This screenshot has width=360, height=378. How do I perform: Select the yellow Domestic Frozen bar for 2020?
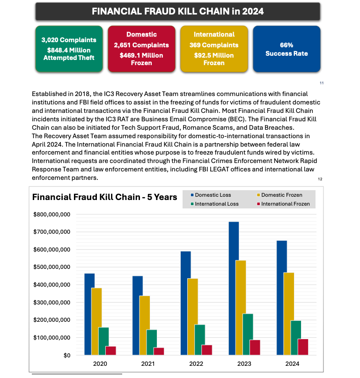point(96,321)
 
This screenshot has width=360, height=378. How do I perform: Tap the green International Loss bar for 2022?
point(199,340)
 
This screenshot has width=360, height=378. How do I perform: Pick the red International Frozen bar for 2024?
point(303,347)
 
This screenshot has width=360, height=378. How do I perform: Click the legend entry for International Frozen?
point(285,204)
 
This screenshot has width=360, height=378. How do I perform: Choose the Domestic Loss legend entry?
point(213,195)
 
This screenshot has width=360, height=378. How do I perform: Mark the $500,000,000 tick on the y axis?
point(51,267)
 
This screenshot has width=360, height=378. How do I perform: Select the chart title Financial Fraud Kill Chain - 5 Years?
point(104,197)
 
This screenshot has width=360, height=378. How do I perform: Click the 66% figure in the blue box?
point(287,45)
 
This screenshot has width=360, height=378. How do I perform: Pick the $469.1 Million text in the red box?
point(141,55)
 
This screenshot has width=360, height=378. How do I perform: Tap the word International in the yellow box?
point(214,34)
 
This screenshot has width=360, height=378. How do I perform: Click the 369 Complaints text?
point(214,45)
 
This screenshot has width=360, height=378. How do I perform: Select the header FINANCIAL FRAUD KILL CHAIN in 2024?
point(177,11)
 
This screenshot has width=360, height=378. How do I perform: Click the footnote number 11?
point(322,83)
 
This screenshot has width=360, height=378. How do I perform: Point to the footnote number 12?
point(320,179)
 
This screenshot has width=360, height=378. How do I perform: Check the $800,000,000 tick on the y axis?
point(51,214)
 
